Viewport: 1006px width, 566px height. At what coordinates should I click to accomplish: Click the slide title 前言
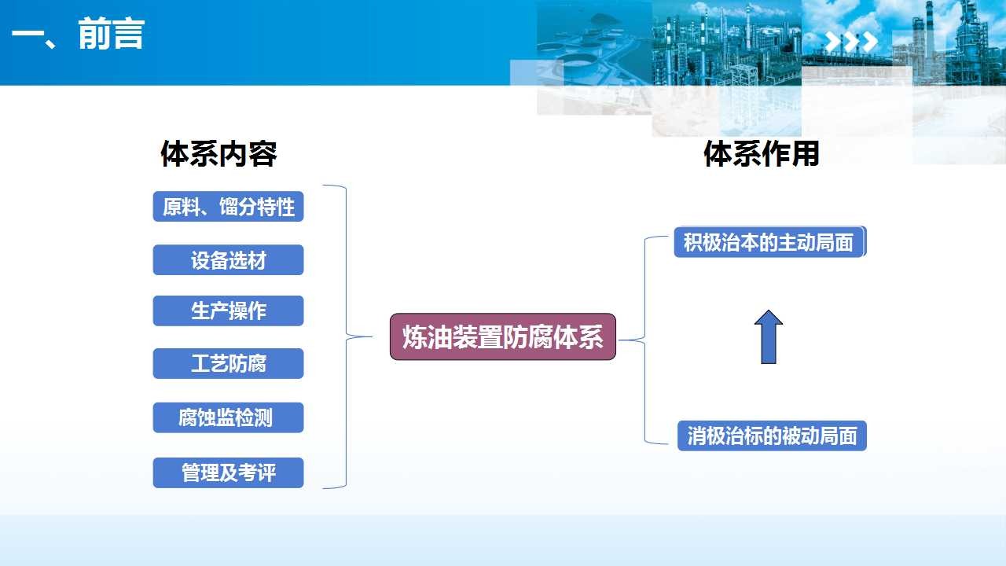(x=112, y=34)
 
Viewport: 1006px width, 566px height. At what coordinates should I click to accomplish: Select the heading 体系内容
(x=218, y=153)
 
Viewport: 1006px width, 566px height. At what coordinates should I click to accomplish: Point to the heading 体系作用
(x=762, y=153)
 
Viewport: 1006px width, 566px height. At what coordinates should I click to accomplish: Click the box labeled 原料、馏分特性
(x=228, y=207)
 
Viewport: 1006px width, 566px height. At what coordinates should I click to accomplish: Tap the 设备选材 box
(x=228, y=260)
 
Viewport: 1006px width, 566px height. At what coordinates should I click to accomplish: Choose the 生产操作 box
(x=228, y=311)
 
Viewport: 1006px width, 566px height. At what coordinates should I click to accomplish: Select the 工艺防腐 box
(x=228, y=363)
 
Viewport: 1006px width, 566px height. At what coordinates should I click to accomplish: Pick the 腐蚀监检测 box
(x=228, y=417)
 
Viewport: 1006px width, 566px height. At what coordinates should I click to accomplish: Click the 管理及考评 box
(x=228, y=472)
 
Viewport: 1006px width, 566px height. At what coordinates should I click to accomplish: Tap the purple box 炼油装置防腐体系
(x=502, y=337)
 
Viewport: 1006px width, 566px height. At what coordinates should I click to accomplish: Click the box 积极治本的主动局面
(x=769, y=242)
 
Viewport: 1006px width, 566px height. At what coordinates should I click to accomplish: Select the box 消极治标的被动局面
(x=772, y=436)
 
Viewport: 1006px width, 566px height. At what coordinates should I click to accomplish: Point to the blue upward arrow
(x=769, y=337)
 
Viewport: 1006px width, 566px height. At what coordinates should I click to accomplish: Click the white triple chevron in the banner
(x=851, y=42)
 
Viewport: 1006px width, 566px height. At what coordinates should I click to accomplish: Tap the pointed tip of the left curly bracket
(x=371, y=336)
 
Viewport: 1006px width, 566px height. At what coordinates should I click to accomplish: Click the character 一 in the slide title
(x=28, y=35)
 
